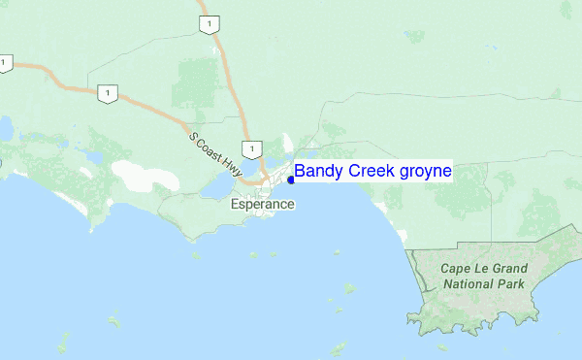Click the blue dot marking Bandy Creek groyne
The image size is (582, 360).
click(x=291, y=180)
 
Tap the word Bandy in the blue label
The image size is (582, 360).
click(x=319, y=172)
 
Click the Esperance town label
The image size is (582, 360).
click(x=262, y=205)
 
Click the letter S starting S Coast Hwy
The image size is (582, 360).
click(x=194, y=138)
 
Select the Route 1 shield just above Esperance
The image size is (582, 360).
click(x=251, y=148)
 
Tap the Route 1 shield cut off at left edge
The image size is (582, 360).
click(x=4, y=63)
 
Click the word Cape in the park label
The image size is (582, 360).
click(x=458, y=269)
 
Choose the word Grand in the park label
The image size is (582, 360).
click(x=514, y=269)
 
